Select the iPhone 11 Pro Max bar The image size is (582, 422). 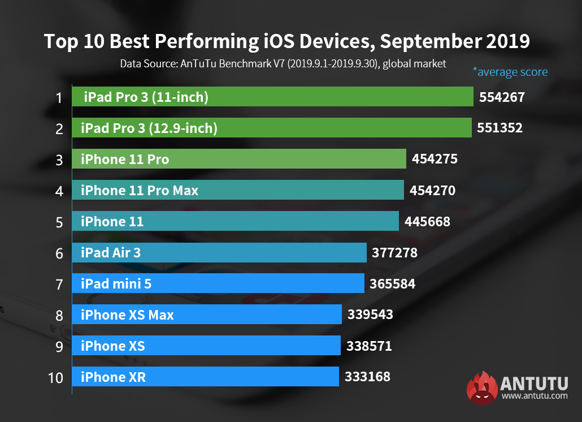point(237,191)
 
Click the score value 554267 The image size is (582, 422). point(502,97)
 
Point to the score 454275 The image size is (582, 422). point(435,160)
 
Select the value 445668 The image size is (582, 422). point(428,222)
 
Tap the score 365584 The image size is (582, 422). point(393,283)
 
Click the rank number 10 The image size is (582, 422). point(56,377)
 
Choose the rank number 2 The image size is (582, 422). point(59,129)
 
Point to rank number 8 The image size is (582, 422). point(59,315)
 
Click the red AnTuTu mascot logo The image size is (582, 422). point(482,388)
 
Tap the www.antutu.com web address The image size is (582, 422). point(535,396)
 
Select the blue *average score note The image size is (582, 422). point(510,72)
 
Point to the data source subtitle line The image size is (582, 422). point(283,63)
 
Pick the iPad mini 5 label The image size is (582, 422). point(116,284)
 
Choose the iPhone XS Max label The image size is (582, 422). point(127,315)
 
